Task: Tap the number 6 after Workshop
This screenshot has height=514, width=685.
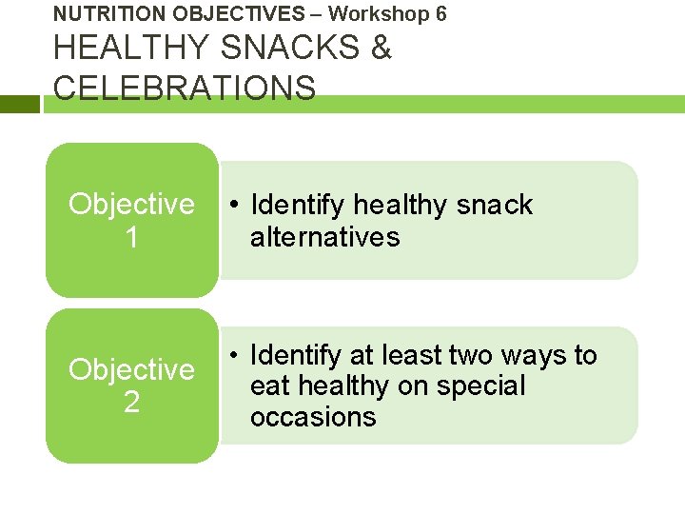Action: pyautogui.click(x=440, y=13)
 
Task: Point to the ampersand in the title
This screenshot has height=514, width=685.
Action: pyautogui.click(x=382, y=48)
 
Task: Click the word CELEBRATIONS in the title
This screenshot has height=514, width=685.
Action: pyautogui.click(x=185, y=88)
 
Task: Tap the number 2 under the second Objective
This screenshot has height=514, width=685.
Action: pyautogui.click(x=131, y=402)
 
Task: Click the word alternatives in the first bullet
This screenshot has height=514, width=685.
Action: pyautogui.click(x=324, y=236)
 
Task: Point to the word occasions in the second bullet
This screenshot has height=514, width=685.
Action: pyautogui.click(x=313, y=417)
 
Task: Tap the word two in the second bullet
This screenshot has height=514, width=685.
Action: pyautogui.click(x=471, y=355)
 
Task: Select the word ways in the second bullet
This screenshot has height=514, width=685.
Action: pyautogui.click(x=535, y=355)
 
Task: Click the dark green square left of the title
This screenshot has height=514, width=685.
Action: pyautogui.click(x=20, y=104)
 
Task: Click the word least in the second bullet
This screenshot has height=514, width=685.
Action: pyautogui.click(x=409, y=355)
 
